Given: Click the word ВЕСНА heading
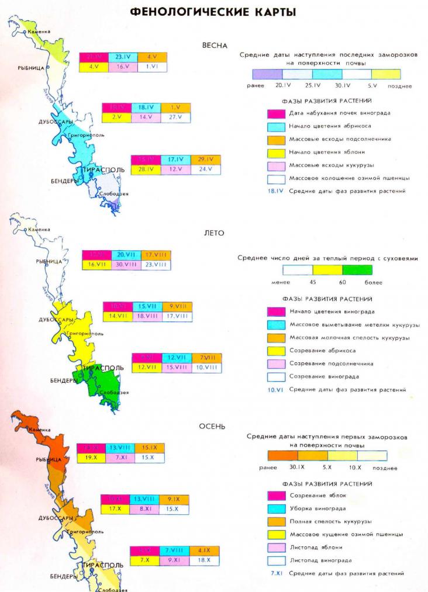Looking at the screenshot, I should point(213,45).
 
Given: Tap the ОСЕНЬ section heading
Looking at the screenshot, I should point(212,426).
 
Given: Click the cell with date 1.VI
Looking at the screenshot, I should point(153,67).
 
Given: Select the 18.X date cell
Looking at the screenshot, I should point(203,560).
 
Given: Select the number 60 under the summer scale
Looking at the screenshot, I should point(343,282).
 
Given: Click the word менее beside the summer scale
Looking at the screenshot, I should point(281,282).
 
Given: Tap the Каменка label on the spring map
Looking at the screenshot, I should point(40,32).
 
